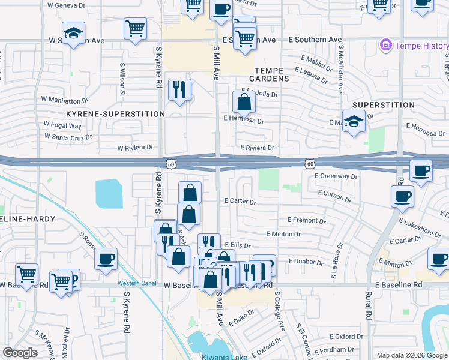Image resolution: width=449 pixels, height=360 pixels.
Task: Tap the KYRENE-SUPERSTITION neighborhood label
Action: pos(116,113)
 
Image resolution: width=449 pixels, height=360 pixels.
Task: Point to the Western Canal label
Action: pos(136,283)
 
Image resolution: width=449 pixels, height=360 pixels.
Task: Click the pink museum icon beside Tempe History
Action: pos(385,45)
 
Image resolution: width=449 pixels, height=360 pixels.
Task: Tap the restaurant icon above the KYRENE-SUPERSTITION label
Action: pos(179,90)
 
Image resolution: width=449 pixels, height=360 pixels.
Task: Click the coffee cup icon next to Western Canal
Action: pos(106,259)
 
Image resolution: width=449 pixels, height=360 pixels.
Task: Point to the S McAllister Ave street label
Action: pos(340,70)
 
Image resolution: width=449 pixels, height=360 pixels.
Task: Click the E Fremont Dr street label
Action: pos(306,220)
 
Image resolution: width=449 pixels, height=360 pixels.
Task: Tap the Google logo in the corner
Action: pos(20,353)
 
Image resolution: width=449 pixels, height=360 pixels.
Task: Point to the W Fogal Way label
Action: pos(62,125)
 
